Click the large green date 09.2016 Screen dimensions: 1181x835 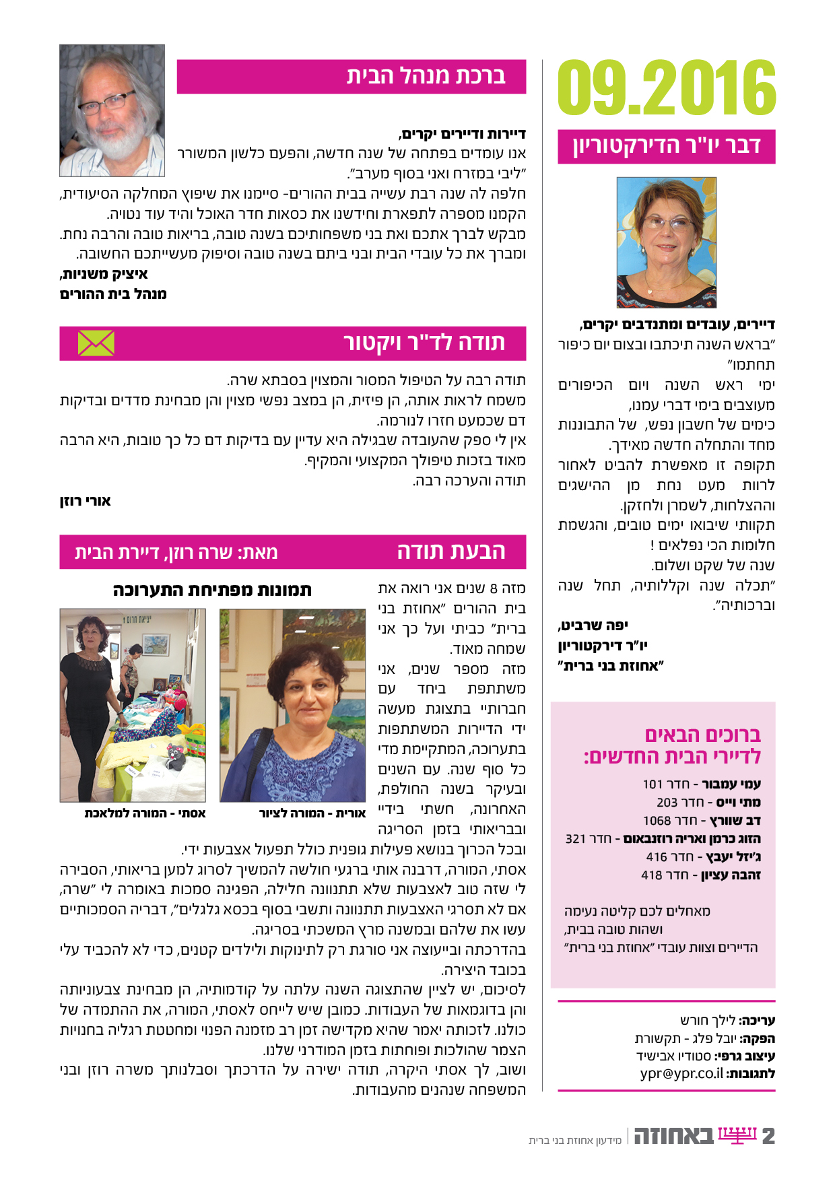667,88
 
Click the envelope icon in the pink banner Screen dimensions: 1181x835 96,343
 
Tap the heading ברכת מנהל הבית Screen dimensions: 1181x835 426,76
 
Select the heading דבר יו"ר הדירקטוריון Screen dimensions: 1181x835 667,146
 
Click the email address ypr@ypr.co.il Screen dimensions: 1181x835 681,1073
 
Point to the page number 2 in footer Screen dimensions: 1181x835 768,1137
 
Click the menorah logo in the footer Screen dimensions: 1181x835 737,1135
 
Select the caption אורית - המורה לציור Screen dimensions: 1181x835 312,813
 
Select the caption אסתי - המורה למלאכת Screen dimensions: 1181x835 145,813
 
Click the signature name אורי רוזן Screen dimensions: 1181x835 85,501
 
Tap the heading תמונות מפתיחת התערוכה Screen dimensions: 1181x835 212,590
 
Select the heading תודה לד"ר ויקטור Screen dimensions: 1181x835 424,343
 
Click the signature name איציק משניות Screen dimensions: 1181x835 104,274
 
